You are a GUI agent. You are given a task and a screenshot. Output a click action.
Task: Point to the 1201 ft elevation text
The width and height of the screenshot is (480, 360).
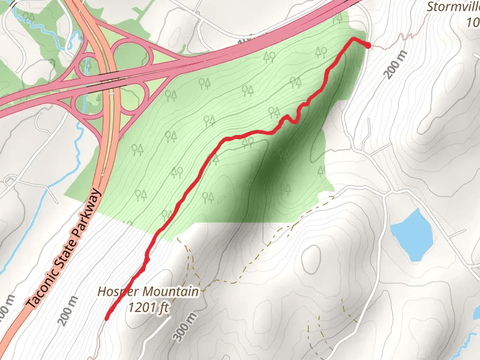point(149,307)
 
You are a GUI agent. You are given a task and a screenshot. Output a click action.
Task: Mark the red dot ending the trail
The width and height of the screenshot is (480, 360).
point(367,45)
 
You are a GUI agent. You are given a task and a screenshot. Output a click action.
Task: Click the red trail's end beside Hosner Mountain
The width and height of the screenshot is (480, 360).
point(107,319)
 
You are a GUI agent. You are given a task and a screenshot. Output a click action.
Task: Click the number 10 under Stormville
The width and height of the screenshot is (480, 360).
point(473,23)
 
